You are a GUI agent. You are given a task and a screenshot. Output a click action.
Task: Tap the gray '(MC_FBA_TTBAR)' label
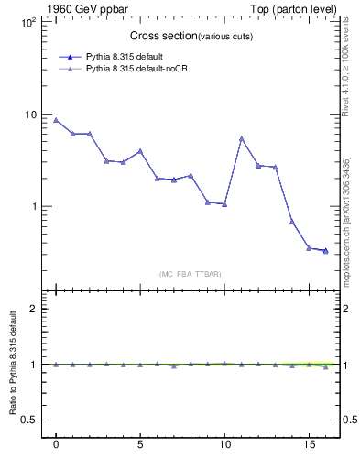pos(189,274)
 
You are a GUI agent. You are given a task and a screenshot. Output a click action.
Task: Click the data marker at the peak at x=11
pos(241,138)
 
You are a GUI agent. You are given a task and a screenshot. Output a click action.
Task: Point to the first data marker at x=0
pos(56,120)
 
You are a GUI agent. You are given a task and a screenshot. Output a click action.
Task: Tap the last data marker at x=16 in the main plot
pos(325,250)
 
